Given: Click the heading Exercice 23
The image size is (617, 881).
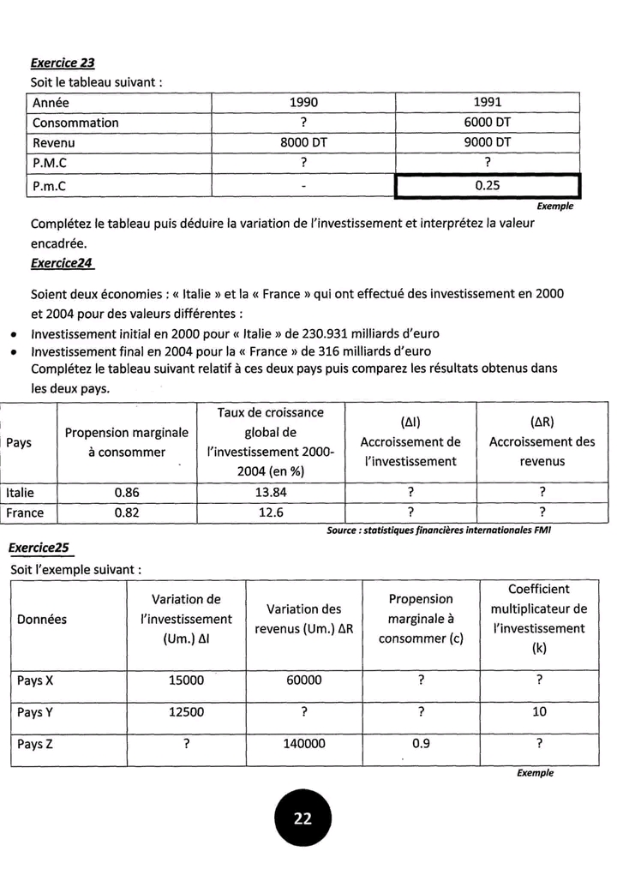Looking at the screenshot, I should click(63, 63).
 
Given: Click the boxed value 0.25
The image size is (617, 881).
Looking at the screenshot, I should click(487, 184).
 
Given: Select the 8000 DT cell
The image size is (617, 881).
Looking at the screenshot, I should click(303, 142).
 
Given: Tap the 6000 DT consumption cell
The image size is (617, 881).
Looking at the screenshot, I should click(488, 123).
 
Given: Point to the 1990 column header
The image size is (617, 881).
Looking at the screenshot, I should click(303, 103).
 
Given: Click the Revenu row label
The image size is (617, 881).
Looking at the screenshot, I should click(51, 142).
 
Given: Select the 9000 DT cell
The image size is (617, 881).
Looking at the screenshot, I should click(488, 142).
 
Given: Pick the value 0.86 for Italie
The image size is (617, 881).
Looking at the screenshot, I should click(127, 493).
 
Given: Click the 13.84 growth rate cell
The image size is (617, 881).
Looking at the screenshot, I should click(270, 493).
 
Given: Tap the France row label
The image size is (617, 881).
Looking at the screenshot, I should click(25, 513).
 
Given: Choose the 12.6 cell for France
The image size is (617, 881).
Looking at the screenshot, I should click(270, 513).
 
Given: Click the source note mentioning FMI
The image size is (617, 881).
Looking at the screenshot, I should click(438, 530).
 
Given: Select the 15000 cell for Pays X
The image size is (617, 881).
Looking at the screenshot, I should click(186, 680).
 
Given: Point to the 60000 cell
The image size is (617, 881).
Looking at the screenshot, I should click(304, 680).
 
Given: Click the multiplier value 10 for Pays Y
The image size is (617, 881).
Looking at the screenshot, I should click(539, 712).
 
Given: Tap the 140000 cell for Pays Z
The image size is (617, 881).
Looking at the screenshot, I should click(304, 744).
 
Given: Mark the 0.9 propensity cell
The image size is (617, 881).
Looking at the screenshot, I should click(421, 744).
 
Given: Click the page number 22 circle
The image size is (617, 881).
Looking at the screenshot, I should click(303, 818).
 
